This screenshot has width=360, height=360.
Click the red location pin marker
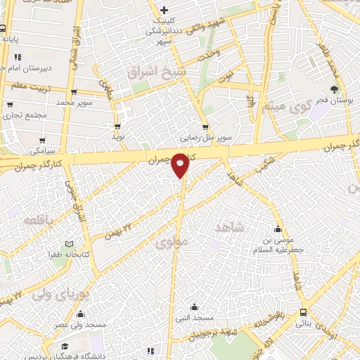(181, 165)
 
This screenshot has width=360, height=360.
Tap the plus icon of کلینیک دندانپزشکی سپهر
(164, 10)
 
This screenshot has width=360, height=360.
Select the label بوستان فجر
(334, 101)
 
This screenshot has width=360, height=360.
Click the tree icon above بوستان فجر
(334, 89)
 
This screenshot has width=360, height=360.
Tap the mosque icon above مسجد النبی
(195, 307)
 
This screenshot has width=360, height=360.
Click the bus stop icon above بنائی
(303, 312)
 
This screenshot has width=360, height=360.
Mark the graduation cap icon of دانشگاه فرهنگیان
(65, 347)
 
